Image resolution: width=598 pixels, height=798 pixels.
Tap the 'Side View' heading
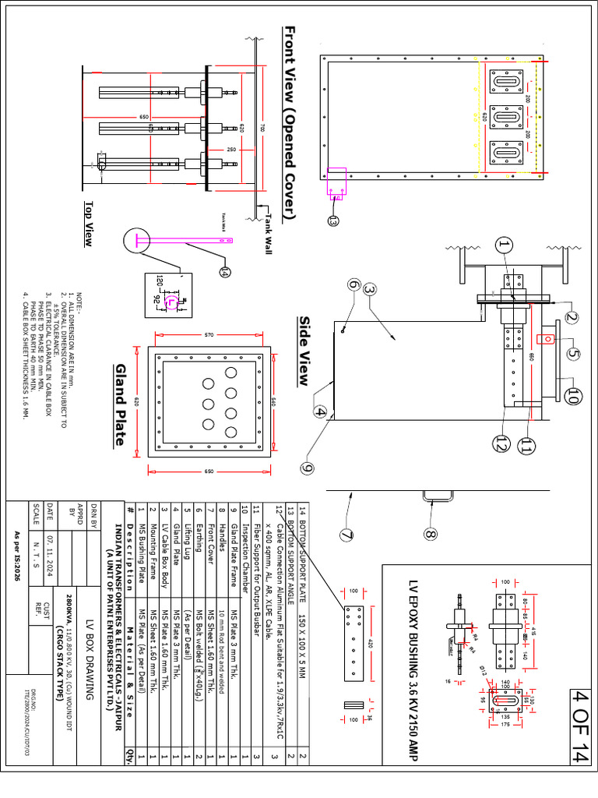pos(305,351)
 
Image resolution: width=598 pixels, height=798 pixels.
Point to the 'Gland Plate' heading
pos(120,404)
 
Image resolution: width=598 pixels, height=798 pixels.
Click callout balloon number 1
pos(503,247)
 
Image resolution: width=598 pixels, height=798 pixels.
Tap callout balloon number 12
pos(500,443)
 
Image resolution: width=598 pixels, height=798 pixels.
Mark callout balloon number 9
pos(308,468)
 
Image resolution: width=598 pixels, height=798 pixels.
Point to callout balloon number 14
pos(226,271)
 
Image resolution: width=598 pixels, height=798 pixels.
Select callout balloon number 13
pos(332,221)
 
